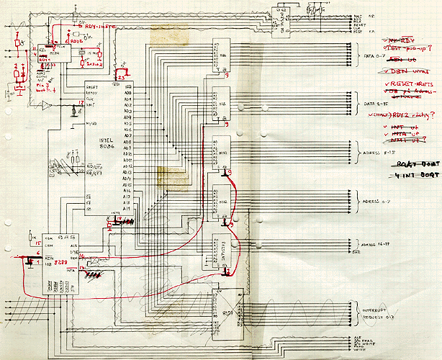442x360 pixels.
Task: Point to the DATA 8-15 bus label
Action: pyautogui.click(x=374, y=103)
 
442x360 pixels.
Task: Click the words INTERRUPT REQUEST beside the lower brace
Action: pyautogui.click(x=376, y=311)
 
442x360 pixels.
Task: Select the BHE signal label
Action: pyautogui.click(x=354, y=252)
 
